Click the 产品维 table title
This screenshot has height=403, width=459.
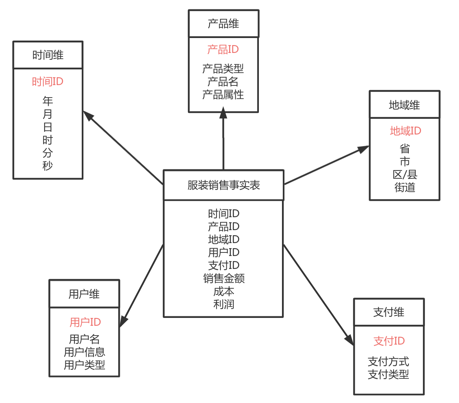click(223, 24)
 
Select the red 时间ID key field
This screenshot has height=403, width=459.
click(48, 82)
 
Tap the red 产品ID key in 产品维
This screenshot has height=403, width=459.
click(223, 49)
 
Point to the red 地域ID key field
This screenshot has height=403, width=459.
click(405, 131)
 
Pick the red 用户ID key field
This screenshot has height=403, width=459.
click(85, 322)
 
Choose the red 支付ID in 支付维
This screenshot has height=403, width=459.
click(389, 341)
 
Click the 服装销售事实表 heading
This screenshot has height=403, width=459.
click(224, 185)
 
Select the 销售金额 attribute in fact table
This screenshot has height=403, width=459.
click(224, 278)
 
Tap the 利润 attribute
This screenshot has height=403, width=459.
click(224, 304)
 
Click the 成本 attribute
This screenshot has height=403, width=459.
click(224, 291)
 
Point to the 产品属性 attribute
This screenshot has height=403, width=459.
click(223, 94)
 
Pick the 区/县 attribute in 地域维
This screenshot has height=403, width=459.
click(405, 174)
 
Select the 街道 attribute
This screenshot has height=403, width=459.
click(405, 187)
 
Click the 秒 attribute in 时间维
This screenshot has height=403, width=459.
click(48, 165)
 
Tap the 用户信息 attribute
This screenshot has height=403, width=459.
click(85, 352)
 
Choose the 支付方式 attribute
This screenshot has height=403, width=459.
click(389, 361)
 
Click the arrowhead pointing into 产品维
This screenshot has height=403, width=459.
click(223, 113)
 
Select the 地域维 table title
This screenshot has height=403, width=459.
click(405, 105)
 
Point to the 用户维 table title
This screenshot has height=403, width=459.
click(84, 294)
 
